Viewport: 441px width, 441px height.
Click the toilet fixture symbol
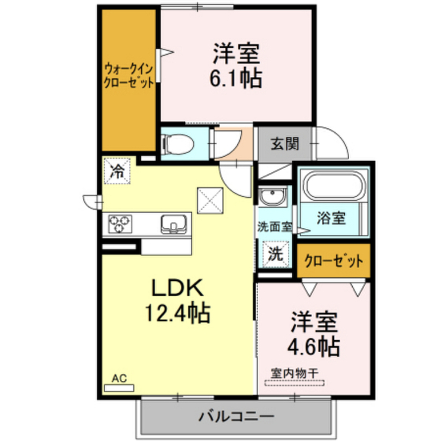177,143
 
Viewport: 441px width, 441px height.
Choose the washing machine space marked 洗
274,255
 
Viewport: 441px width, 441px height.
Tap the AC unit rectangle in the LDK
119,388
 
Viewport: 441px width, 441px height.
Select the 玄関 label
284,144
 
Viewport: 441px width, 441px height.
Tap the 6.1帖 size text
235,78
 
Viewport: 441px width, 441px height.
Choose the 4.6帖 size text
314,345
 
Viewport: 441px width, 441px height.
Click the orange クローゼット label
333,261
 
